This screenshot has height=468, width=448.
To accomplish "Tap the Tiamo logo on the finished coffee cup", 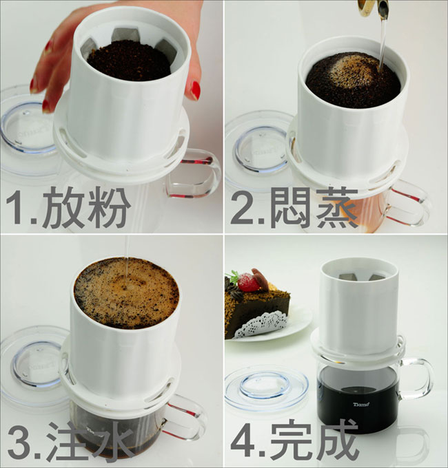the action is (x=361, y=405).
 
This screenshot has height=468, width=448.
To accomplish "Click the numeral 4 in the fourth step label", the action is (x=243, y=441).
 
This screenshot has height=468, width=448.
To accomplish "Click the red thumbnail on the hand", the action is (x=196, y=90).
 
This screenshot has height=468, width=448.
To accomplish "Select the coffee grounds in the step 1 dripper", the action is (x=129, y=62).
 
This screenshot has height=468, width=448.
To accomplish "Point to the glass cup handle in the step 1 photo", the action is (x=194, y=173).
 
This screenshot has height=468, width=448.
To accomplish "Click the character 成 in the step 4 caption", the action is (x=337, y=441).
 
